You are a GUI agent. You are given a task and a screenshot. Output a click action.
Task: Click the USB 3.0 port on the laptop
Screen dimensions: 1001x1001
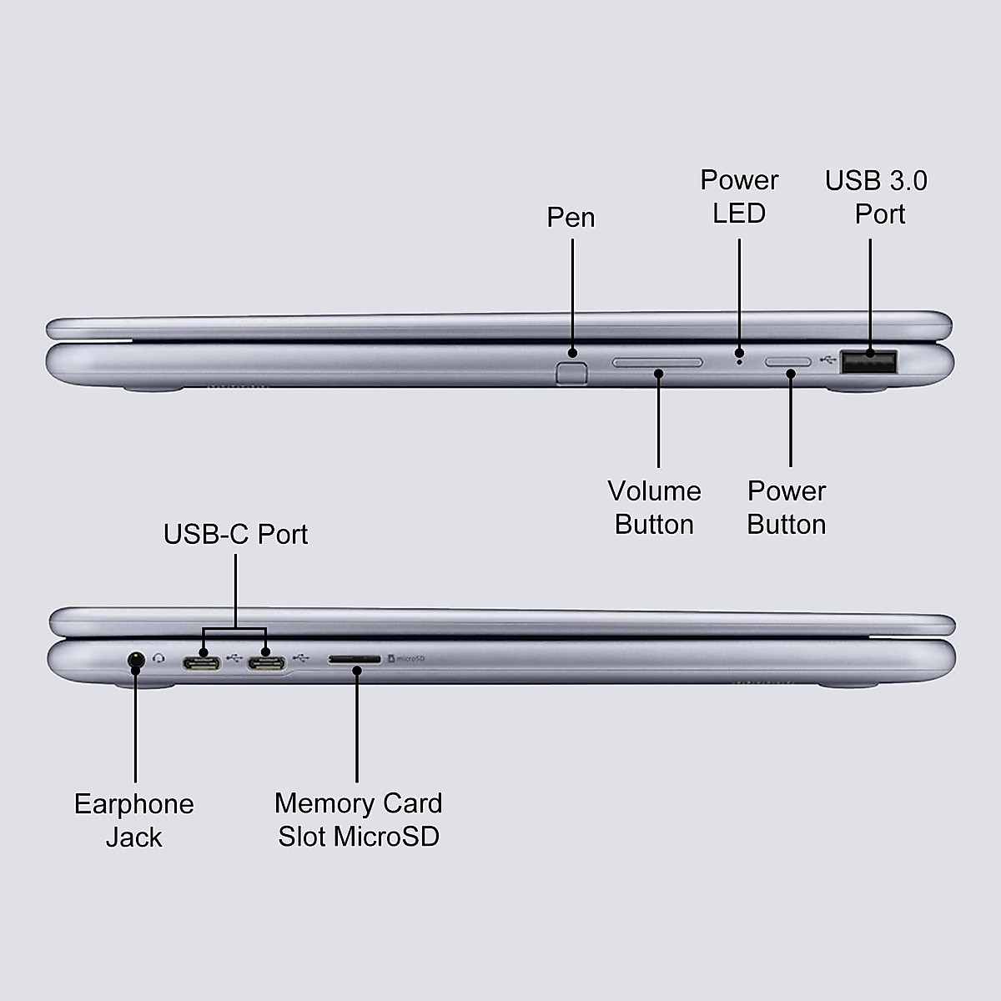(x=868, y=362)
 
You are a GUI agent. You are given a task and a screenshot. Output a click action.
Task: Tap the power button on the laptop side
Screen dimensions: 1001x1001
(x=788, y=363)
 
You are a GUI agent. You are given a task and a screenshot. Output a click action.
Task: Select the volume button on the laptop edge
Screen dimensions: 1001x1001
(x=657, y=363)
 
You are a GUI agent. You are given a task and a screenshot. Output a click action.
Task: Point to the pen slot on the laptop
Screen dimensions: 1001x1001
(x=571, y=370)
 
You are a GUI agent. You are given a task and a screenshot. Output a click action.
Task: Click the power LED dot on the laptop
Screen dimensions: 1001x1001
(x=739, y=361)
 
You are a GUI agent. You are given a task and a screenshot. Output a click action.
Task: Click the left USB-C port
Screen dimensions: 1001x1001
(x=202, y=662)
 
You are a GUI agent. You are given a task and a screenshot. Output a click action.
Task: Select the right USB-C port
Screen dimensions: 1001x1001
(x=266, y=662)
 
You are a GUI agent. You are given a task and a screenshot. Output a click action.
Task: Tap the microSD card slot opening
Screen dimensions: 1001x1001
(x=355, y=659)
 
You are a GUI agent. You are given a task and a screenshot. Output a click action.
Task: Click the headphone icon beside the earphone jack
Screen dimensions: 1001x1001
(x=159, y=658)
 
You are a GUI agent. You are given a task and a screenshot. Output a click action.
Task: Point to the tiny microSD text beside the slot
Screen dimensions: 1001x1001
(x=407, y=659)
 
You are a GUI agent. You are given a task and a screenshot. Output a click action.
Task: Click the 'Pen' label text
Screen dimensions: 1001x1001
(x=571, y=217)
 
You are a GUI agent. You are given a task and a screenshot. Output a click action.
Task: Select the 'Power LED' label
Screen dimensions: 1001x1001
(x=739, y=197)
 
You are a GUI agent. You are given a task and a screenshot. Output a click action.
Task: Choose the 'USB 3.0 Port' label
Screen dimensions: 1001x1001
(x=876, y=197)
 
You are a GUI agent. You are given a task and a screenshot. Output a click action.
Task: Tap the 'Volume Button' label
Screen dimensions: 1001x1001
(x=654, y=507)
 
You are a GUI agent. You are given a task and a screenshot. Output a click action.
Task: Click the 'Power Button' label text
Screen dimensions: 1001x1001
(x=787, y=507)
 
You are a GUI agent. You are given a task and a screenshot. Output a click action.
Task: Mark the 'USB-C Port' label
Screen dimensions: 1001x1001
(x=235, y=534)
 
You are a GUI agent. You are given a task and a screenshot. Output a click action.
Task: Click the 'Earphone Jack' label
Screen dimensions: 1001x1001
(x=134, y=820)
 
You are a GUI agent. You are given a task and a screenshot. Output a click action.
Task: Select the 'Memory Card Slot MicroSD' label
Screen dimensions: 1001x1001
(x=359, y=819)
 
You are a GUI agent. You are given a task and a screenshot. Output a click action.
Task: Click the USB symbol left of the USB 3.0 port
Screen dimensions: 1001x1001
(x=827, y=360)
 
